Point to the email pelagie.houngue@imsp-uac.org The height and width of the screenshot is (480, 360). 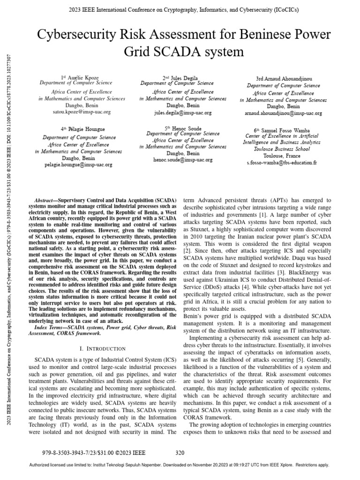pyautogui.click(x=79, y=165)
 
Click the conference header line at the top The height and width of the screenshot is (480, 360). pyautogui.click(x=180, y=9)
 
